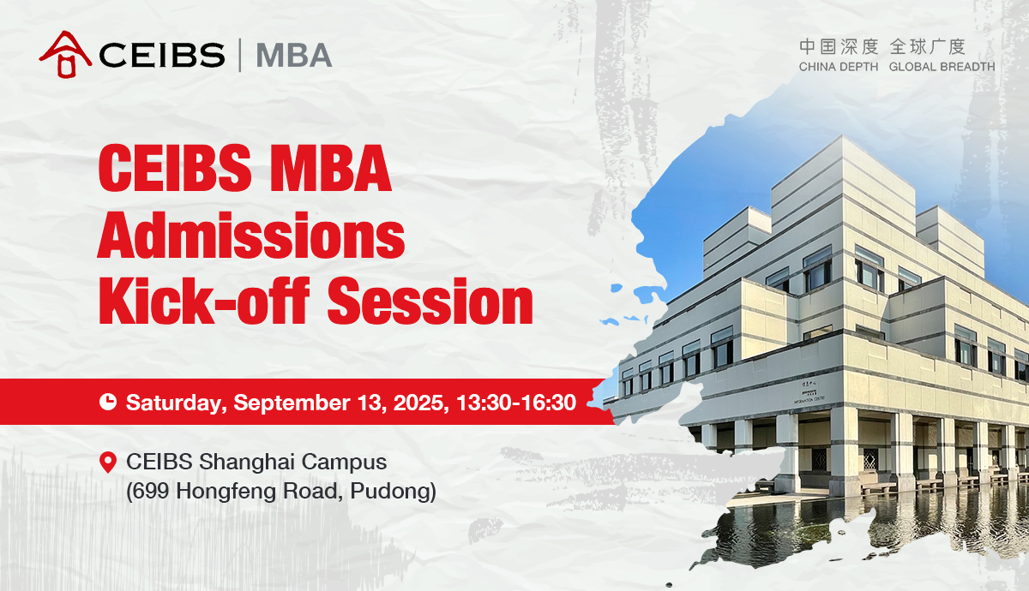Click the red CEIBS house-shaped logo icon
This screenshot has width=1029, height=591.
tap(65, 54)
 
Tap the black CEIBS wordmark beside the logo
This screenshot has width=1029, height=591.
tap(162, 55)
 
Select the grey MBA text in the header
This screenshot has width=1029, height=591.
tap(294, 55)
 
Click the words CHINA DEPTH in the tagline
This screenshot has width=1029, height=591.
tap(839, 67)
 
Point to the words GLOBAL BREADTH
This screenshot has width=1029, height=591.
tap(942, 67)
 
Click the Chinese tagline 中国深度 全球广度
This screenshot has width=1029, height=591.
tap(882, 47)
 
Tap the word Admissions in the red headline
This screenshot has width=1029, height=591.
tap(251, 236)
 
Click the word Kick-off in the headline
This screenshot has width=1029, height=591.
tap(203, 301)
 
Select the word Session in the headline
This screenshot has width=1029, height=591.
tap(430, 302)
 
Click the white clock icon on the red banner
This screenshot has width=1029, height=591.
tap(108, 402)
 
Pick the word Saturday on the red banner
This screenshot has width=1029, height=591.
tap(177, 403)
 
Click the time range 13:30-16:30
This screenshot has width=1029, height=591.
tap(516, 403)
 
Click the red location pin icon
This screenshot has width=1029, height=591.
tap(108, 462)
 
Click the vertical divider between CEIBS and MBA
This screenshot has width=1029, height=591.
tap(240, 55)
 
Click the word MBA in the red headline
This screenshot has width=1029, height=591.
tap(330, 168)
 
